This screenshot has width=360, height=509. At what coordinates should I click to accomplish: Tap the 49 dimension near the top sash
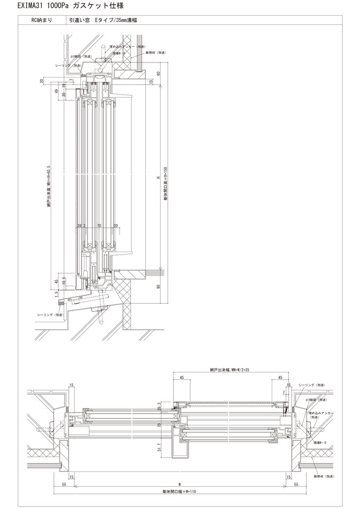(x=57, y=91)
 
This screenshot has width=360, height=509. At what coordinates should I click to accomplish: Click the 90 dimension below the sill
(x=159, y=287)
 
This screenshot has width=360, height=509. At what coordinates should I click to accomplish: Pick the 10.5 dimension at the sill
(x=64, y=279)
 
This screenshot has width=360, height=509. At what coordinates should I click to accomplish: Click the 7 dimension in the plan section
(x=283, y=392)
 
